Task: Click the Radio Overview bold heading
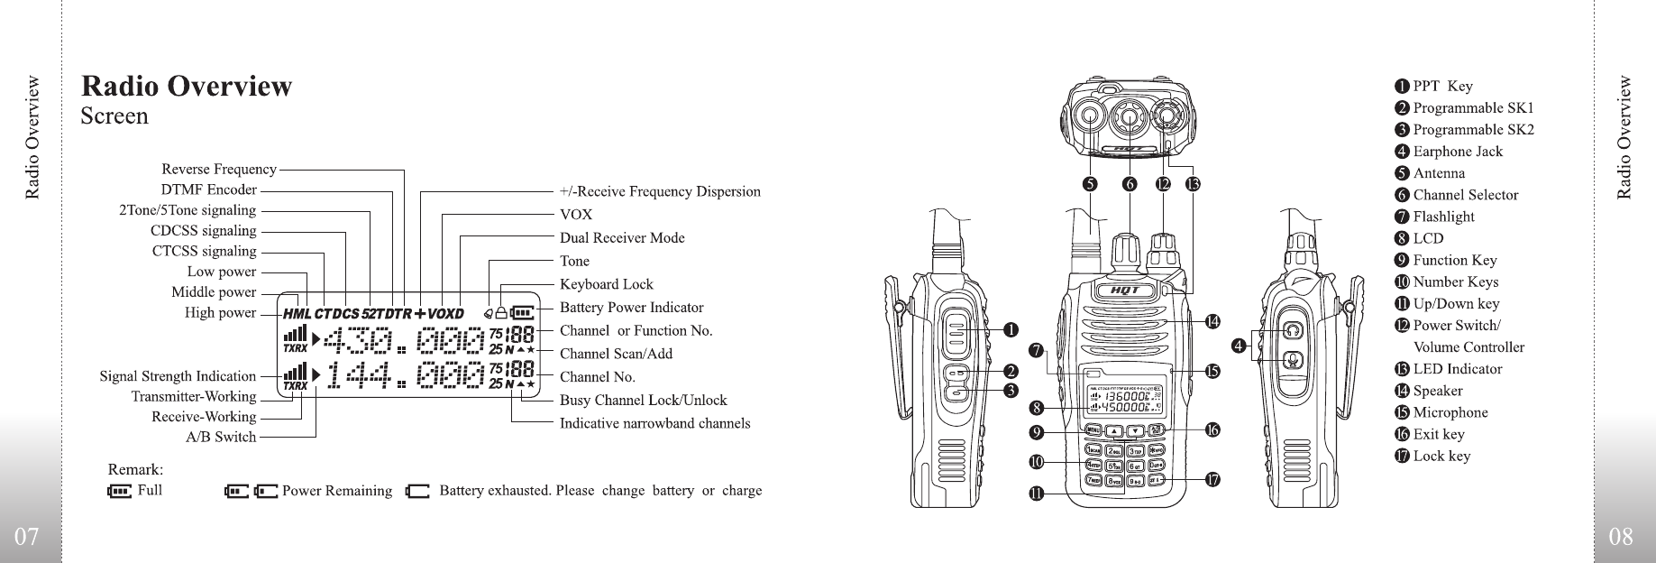187,87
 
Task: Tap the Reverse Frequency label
218,170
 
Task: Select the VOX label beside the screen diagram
576,215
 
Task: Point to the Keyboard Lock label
606,284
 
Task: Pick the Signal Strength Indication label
178,376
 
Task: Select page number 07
28,537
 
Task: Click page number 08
1620,537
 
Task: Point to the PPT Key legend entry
1441,87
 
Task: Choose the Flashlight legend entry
1443,217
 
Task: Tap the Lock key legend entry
1441,456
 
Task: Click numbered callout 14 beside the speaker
1212,321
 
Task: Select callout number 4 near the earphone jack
1240,345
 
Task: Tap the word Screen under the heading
114,116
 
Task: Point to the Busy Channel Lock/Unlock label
643,400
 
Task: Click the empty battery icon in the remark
417,492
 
